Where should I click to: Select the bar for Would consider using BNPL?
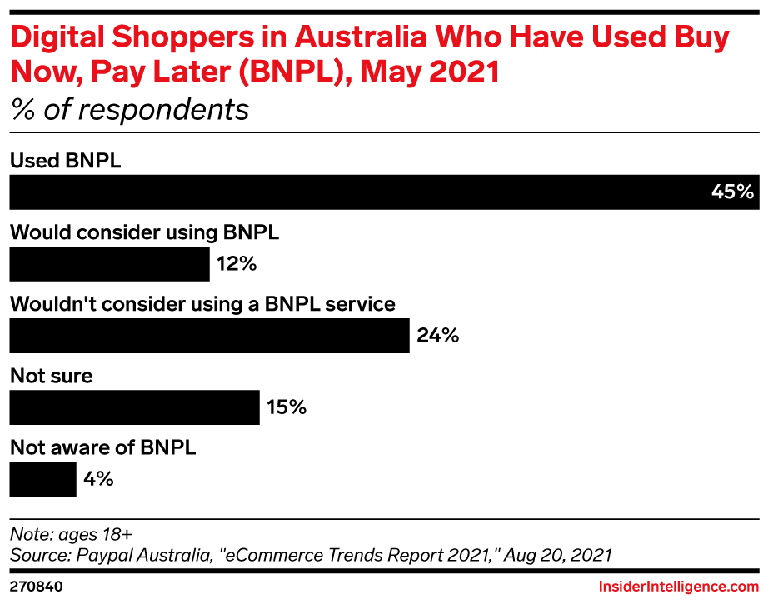point(109,264)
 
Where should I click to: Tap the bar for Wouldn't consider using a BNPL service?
point(209,336)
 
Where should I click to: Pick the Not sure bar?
point(134,407)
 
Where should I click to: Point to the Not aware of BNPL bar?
point(42,479)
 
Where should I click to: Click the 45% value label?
point(732,192)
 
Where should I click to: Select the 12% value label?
point(237,265)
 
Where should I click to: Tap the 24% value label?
point(437,337)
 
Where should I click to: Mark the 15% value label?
point(287,408)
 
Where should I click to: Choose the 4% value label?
point(98,480)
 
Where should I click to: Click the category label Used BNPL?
point(65,161)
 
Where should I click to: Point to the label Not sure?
point(51,376)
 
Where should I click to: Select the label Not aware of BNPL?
point(102,447)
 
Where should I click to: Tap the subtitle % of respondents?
point(129,109)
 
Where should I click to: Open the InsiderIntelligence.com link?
point(678,587)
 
